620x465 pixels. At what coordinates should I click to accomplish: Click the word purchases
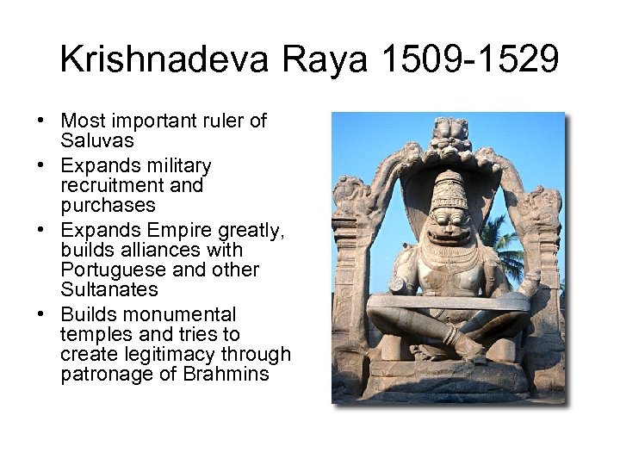coord(108,205)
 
